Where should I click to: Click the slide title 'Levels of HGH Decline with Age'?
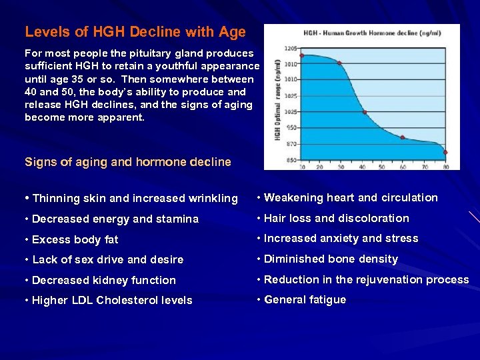coord(135,32)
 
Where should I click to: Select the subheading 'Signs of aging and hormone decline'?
coord(127,162)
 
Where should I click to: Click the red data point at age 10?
coord(301,55)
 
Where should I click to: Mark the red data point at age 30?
coord(339,63)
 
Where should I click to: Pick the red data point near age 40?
coord(364,112)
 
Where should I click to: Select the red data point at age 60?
coord(402,137)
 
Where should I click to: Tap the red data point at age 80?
coord(445,153)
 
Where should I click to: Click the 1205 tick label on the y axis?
coord(291,49)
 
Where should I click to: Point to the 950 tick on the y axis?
coord(291,127)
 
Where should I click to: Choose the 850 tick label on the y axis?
coord(291,160)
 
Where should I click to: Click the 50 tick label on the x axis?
coord(382,166)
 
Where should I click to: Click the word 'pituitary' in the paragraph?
coord(153,53)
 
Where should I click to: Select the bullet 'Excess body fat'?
coord(75,239)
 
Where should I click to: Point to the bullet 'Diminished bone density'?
coord(331,259)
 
